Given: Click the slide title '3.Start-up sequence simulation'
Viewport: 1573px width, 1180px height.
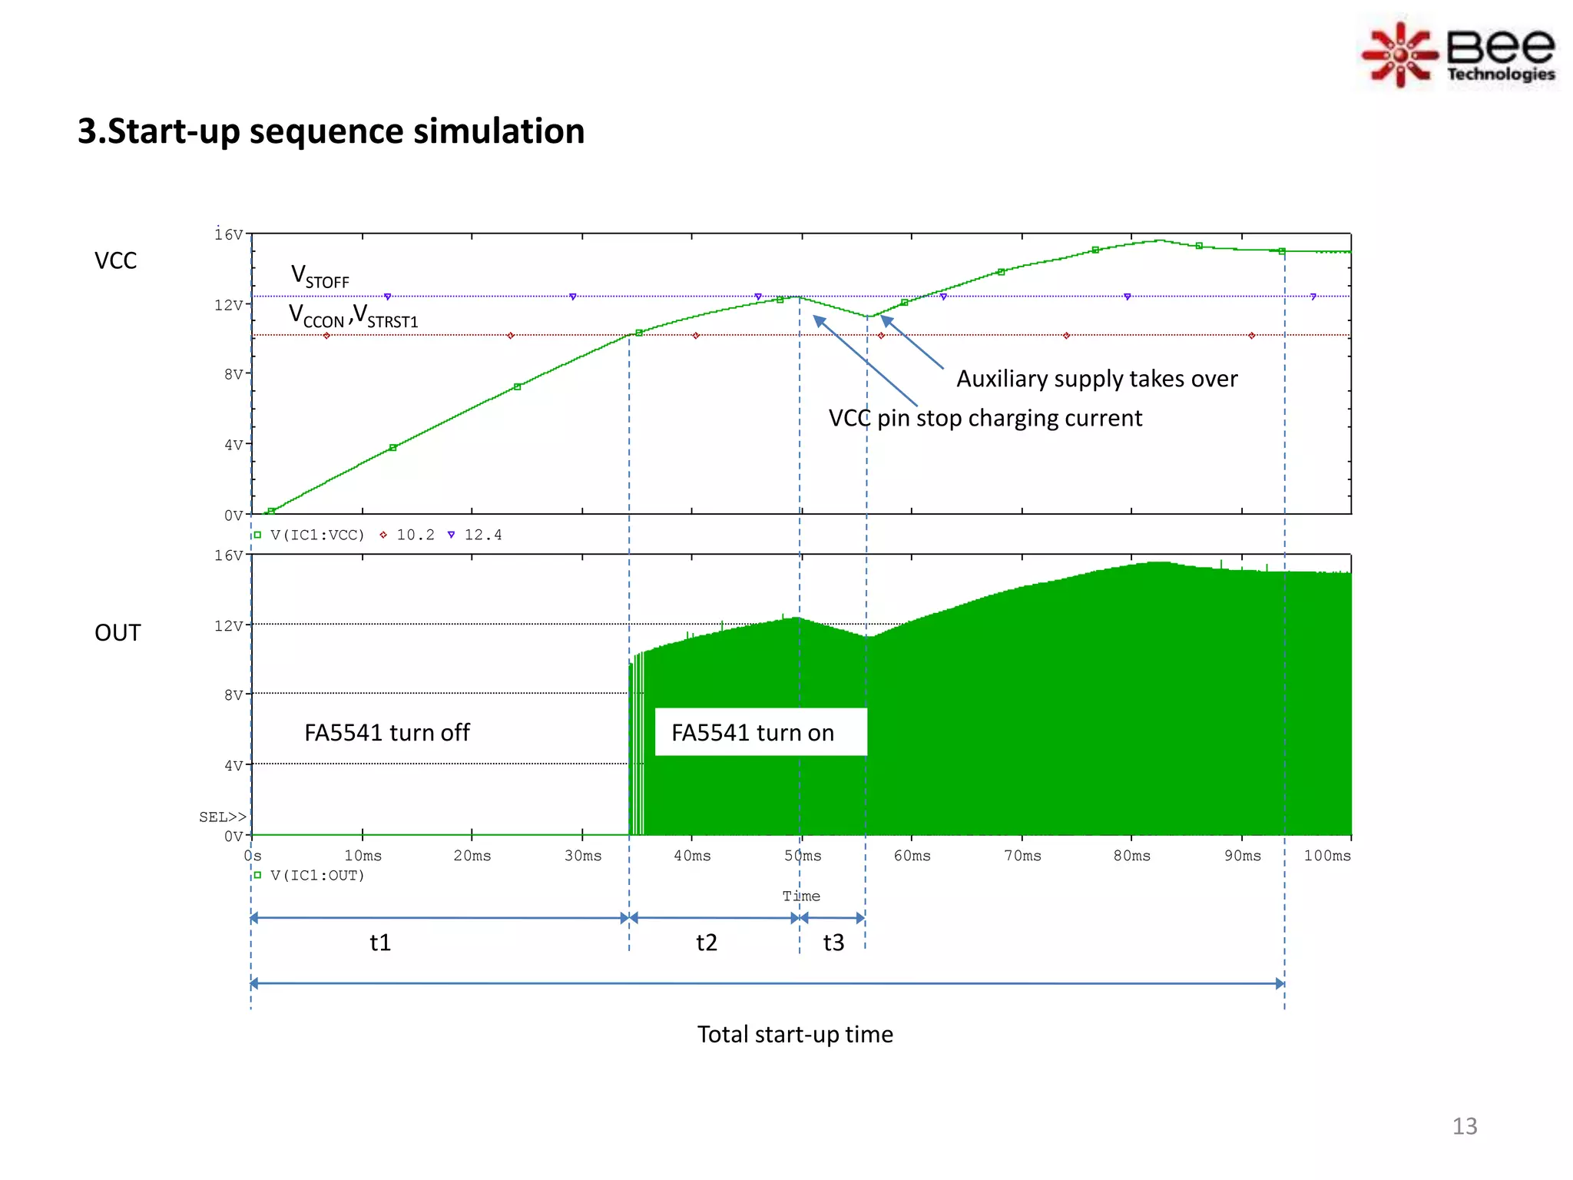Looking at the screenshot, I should pos(331,131).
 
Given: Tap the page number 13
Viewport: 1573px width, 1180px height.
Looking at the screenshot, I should pos(1464,1126).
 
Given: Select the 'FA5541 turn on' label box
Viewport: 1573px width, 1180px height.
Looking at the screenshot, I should pos(760,732).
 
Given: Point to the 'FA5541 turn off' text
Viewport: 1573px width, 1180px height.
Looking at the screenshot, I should pos(386,733).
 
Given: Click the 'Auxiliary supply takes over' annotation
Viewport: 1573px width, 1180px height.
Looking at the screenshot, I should pos(1096,379).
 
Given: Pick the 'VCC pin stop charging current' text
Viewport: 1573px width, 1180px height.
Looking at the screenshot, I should pos(985,419).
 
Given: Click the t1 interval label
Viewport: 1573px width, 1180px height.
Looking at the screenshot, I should pos(380,943).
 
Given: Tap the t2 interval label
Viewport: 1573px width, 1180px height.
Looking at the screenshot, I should pos(707,943).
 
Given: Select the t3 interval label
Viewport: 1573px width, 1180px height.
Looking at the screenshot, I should pos(833,943).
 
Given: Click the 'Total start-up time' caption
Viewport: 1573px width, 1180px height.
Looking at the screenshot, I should pos(795,1035).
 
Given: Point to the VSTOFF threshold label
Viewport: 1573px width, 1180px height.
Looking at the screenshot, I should pos(320,277).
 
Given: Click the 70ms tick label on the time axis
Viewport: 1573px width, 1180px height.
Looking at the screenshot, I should pos(1022,856).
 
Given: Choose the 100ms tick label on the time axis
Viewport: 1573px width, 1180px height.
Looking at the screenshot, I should pos(1326,856).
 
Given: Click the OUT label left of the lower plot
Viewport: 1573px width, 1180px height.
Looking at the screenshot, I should pos(118,633).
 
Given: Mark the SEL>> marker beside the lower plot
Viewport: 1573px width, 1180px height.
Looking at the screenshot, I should pos(222,817).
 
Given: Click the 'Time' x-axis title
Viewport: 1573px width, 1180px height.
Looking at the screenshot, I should pos(801,897).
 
